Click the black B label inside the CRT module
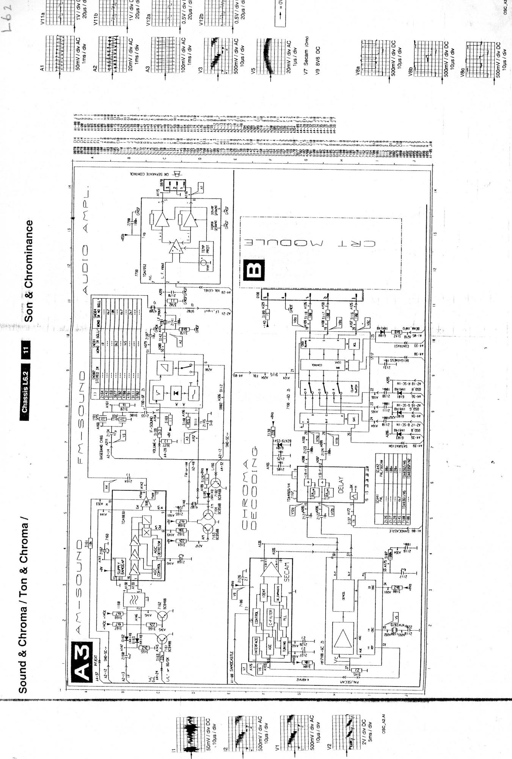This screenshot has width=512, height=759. (x=254, y=270)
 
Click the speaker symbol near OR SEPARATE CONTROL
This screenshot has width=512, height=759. (x=175, y=173)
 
